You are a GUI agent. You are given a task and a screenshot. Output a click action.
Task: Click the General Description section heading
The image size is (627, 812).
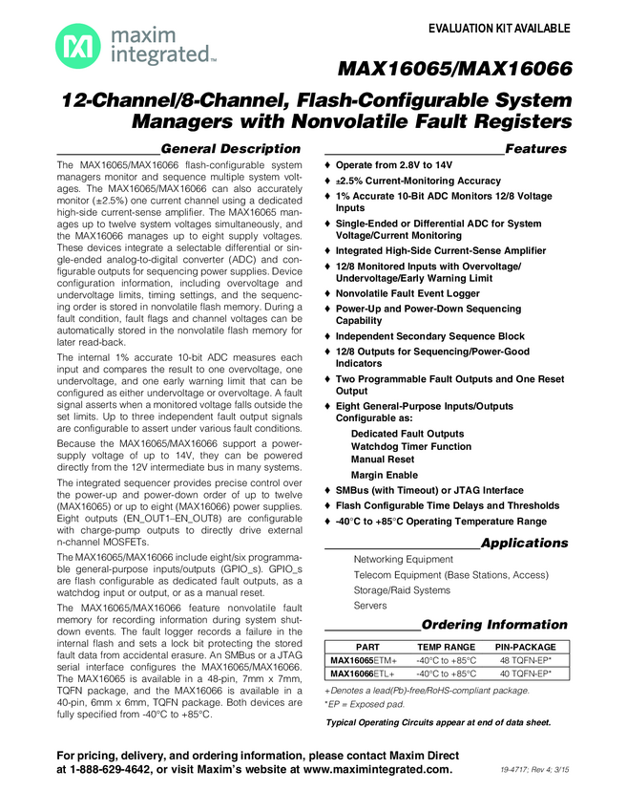pyautogui.click(x=231, y=149)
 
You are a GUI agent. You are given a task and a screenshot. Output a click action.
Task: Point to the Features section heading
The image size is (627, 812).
pyautogui.click(x=535, y=149)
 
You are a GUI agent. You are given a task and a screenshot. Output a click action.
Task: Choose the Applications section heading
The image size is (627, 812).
pyautogui.click(x=524, y=543)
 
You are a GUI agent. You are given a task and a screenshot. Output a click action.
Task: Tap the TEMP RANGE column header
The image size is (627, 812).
pyautogui.click(x=446, y=647)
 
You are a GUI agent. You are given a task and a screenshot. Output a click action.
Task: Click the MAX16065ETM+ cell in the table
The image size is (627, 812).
pyautogui.click(x=364, y=660)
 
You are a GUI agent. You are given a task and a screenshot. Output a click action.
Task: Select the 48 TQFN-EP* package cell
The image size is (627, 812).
pyautogui.click(x=526, y=660)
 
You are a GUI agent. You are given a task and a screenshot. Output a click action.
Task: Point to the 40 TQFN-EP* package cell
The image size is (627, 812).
pyautogui.click(x=526, y=673)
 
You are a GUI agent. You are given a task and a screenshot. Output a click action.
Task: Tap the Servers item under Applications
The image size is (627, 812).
pyautogui.click(x=370, y=606)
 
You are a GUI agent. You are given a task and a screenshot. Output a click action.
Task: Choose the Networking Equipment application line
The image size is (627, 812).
pyautogui.click(x=403, y=560)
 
